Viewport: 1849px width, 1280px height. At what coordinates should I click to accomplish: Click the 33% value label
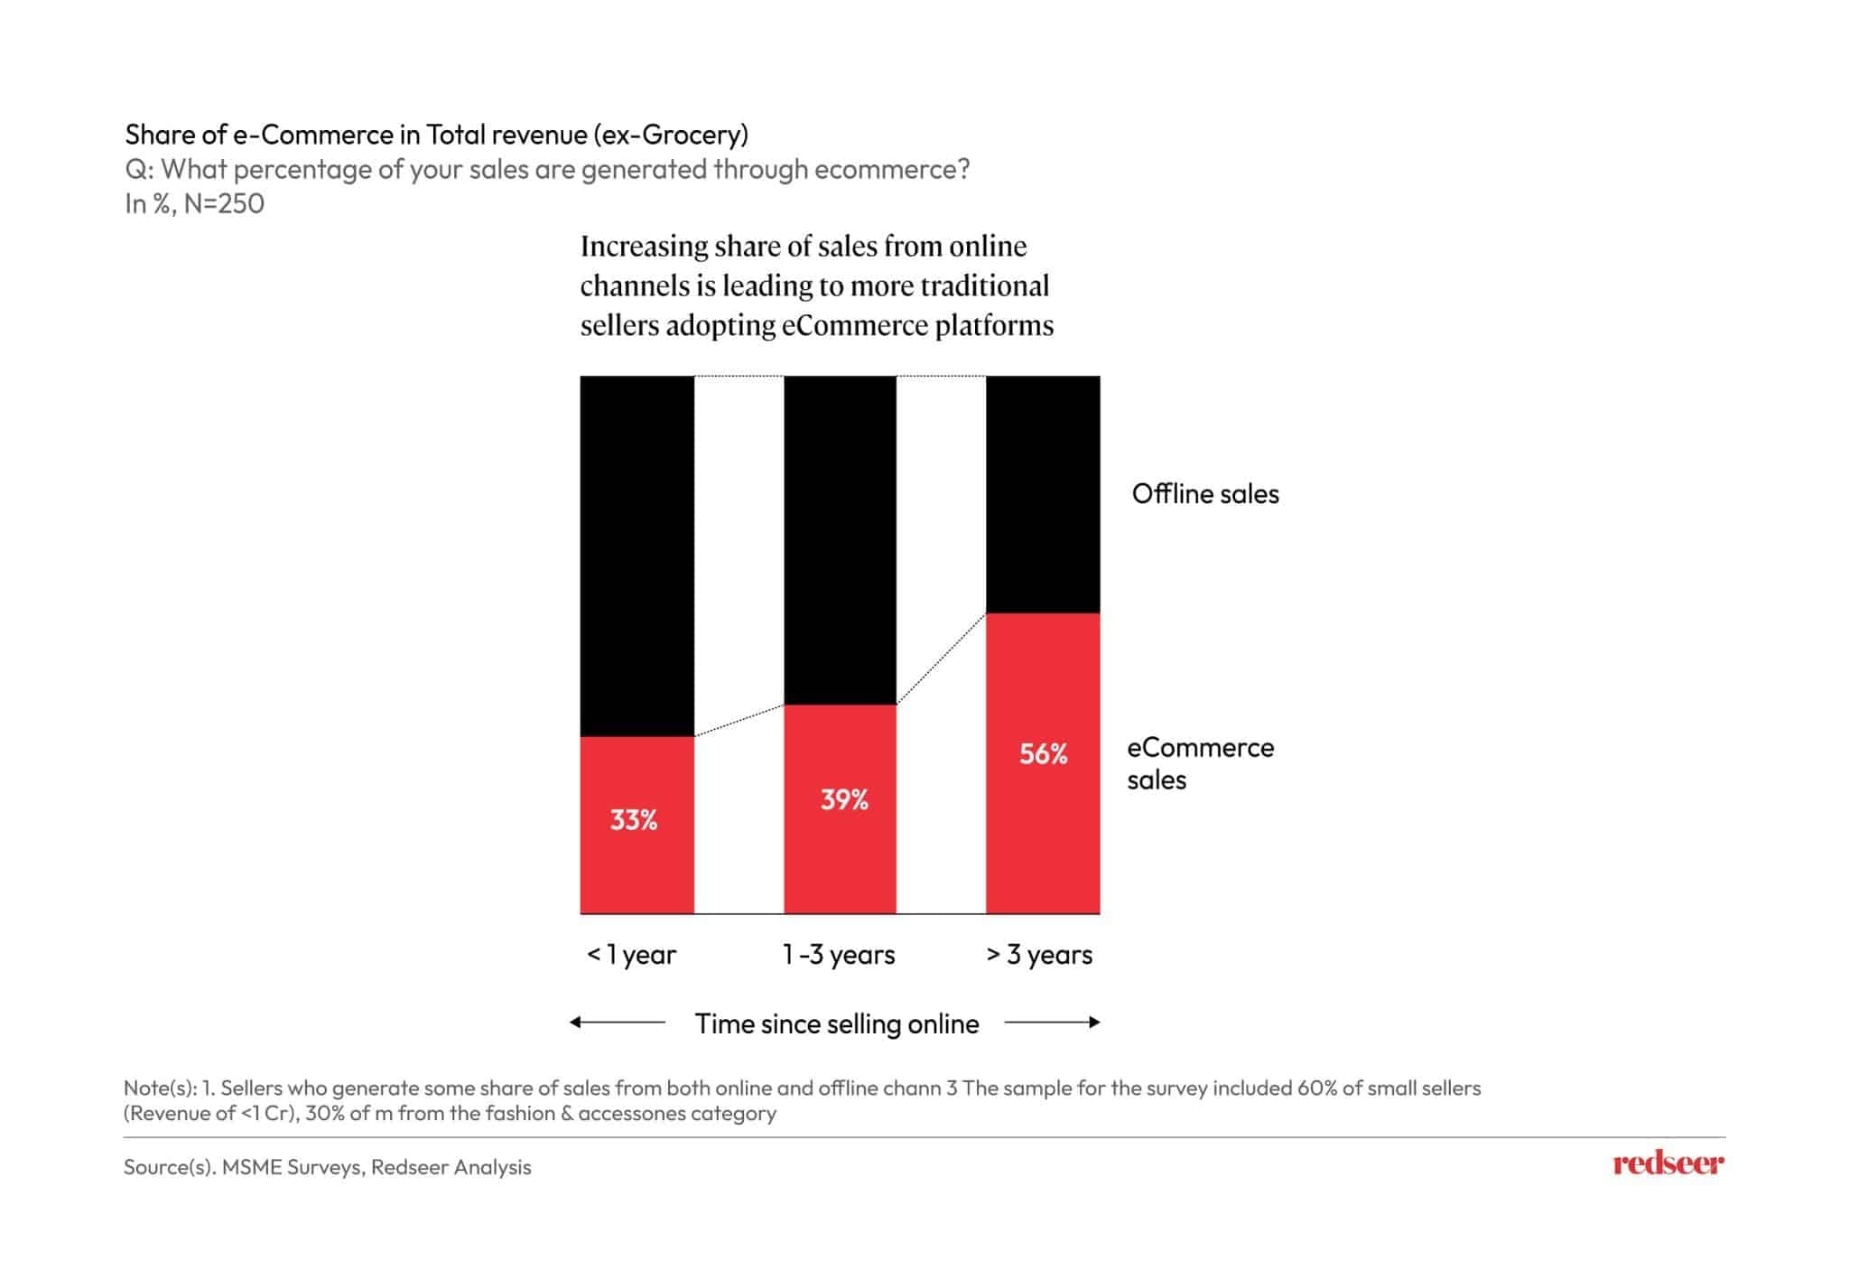pyautogui.click(x=634, y=820)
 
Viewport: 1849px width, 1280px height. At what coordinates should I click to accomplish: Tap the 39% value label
pyautogui.click(x=844, y=799)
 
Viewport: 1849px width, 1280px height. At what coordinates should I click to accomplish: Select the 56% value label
pyautogui.click(x=1044, y=753)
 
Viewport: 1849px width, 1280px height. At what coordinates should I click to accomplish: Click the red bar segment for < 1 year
pyautogui.click(x=637, y=867)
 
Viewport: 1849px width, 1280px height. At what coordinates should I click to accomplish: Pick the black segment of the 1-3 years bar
pyautogui.click(x=840, y=539)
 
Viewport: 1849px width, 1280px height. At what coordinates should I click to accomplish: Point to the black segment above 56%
pyautogui.click(x=1043, y=494)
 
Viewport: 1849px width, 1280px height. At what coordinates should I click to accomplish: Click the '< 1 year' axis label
pyautogui.click(x=632, y=955)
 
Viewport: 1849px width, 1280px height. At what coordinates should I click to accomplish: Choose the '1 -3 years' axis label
pyautogui.click(x=839, y=955)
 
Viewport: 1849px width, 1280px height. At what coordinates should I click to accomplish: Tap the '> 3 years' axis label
pyautogui.click(x=1039, y=955)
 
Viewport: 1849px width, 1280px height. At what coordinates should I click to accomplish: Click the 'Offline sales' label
pyautogui.click(x=1205, y=494)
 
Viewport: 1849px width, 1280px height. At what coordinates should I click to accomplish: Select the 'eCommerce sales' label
pyautogui.click(x=1200, y=763)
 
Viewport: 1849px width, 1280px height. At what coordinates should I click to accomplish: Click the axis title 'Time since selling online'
pyautogui.click(x=837, y=1023)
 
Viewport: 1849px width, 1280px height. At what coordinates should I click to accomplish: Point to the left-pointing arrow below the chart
pyautogui.click(x=618, y=1023)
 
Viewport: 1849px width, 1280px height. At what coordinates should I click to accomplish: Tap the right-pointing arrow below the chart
pyautogui.click(x=1053, y=1023)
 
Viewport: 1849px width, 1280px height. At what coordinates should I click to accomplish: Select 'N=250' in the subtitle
pyautogui.click(x=224, y=204)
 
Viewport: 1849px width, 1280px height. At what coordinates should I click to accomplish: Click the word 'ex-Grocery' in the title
pyautogui.click(x=671, y=135)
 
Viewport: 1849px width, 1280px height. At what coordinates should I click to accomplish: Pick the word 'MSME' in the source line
pyautogui.click(x=251, y=1167)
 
